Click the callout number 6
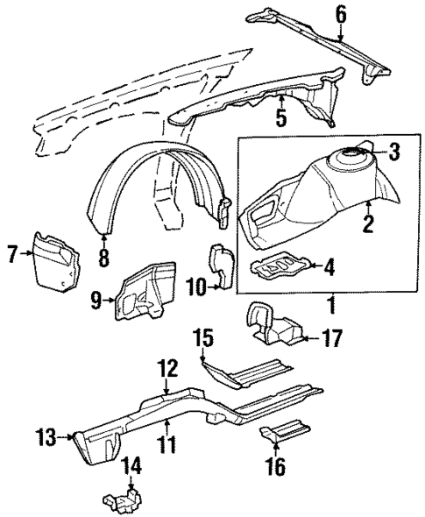(341, 14)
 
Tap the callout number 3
(394, 152)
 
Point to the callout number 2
(368, 225)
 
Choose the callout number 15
(203, 336)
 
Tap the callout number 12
(167, 368)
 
